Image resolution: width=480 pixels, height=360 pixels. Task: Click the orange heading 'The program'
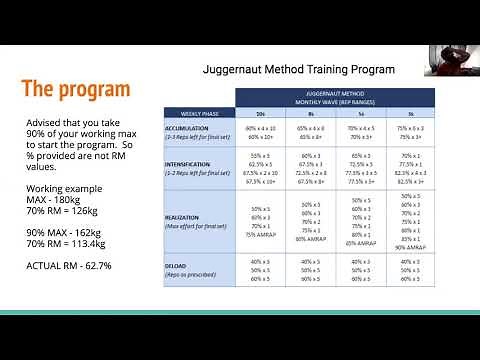point(77,89)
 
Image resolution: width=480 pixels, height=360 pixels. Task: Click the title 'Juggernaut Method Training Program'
point(298,70)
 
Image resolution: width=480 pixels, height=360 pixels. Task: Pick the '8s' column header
point(316,114)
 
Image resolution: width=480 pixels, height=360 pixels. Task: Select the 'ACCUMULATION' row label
point(187,127)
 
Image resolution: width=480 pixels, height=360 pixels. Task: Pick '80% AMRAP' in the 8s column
point(315,238)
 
